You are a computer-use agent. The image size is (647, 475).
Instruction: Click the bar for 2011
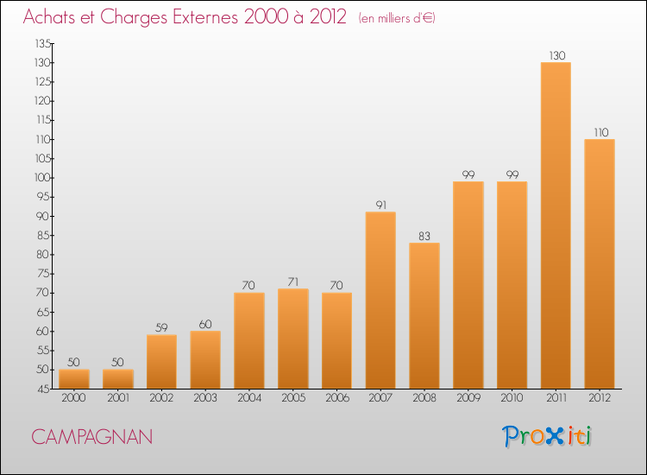click(556, 225)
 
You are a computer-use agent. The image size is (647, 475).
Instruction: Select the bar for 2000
click(74, 379)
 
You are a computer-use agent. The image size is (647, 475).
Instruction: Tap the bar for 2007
click(380, 301)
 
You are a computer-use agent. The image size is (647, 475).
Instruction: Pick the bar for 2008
click(424, 315)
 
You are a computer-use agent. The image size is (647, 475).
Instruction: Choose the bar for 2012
click(600, 264)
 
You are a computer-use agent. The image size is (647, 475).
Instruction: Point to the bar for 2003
click(205, 360)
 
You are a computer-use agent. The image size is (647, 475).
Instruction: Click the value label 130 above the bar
click(557, 56)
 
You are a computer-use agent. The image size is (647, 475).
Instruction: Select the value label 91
click(381, 205)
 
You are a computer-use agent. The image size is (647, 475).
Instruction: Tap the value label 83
click(424, 236)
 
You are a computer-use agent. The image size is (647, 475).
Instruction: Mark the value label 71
click(293, 282)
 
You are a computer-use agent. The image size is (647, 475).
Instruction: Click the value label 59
click(161, 327)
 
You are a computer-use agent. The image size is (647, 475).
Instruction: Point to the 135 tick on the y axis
click(43, 43)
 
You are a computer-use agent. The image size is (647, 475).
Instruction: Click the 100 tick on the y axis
click(42, 178)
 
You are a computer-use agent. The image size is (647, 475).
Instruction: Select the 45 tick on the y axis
click(45, 389)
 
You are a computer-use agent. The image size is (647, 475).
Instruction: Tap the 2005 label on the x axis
click(293, 397)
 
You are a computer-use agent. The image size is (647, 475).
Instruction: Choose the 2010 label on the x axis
click(512, 397)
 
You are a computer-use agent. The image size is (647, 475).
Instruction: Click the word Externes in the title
click(205, 17)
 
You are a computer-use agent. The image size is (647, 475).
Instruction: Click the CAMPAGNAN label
click(91, 437)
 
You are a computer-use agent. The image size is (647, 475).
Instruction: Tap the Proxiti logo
click(547, 436)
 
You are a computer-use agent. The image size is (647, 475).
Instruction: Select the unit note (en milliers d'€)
click(397, 18)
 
